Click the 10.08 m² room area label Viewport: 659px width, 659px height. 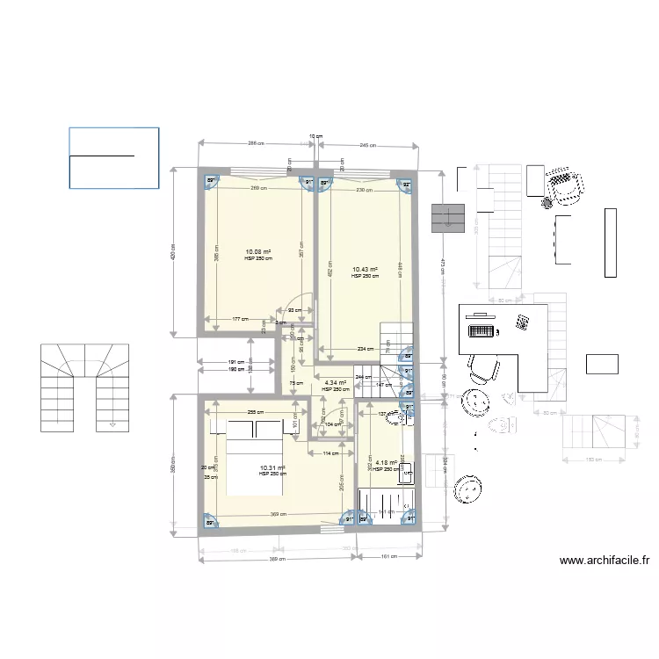tap(258, 251)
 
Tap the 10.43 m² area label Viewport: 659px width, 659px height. tap(365, 270)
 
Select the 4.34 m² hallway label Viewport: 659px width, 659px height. tap(335, 383)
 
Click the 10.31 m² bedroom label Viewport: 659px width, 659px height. tap(272, 468)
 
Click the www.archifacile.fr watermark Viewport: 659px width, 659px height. tap(604, 561)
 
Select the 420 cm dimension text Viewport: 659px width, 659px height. tap(173, 252)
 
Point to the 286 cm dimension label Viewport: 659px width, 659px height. tap(255, 143)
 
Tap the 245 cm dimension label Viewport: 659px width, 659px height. tap(367, 145)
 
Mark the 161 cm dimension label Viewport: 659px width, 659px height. tap(387, 556)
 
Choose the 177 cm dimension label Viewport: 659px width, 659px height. tap(239, 319)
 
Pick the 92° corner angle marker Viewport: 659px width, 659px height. tap(406, 185)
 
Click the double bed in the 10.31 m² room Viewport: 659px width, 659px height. tap(256, 458)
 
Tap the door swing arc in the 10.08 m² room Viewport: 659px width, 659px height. tap(301, 303)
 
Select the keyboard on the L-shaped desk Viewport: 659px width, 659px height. tap(481, 331)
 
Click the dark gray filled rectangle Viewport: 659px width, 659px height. tap(447, 218)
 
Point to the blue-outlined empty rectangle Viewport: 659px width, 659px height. tap(114, 157)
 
